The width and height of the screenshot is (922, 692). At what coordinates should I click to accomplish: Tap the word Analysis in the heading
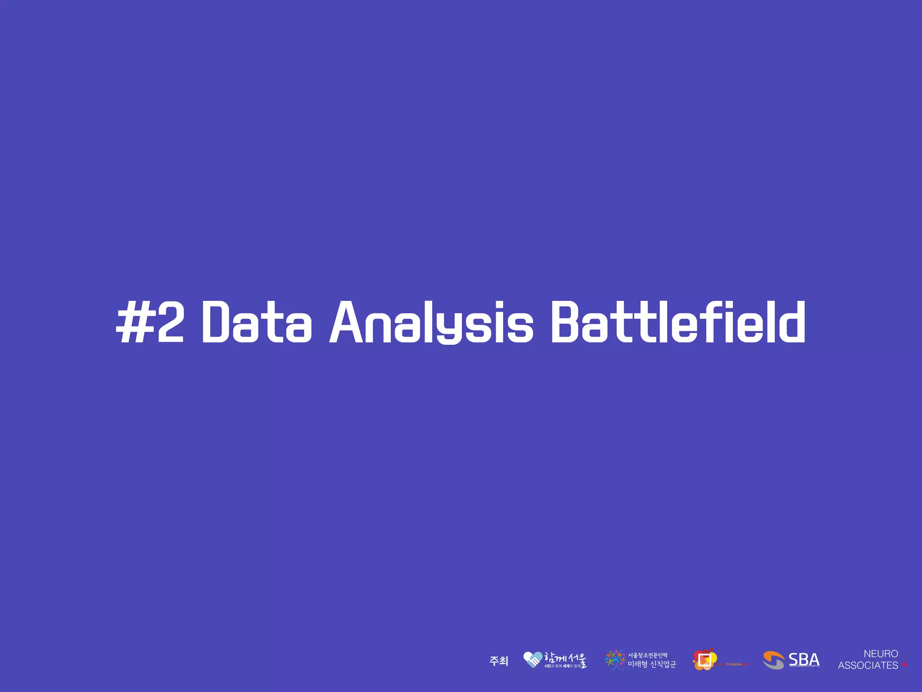pyautogui.click(x=431, y=322)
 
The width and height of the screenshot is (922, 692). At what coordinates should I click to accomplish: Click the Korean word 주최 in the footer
pyautogui.click(x=499, y=661)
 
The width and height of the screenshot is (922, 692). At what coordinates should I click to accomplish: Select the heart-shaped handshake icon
pyautogui.click(x=533, y=660)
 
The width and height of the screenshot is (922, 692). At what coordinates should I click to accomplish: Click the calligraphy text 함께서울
pyautogui.click(x=565, y=658)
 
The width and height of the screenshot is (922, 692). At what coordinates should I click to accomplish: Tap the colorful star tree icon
pyautogui.click(x=615, y=660)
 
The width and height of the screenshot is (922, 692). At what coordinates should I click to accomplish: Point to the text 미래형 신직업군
pyautogui.click(x=652, y=665)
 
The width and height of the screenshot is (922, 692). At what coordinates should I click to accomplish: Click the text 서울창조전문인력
pyautogui.click(x=647, y=655)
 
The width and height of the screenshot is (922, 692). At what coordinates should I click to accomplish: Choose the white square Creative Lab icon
pyautogui.click(x=704, y=660)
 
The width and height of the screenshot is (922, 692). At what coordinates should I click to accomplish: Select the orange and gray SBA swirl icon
pyautogui.click(x=773, y=660)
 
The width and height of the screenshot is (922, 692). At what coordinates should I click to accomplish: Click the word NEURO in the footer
pyautogui.click(x=881, y=654)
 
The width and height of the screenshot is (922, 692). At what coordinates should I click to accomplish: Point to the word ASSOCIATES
pyautogui.click(x=868, y=665)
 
